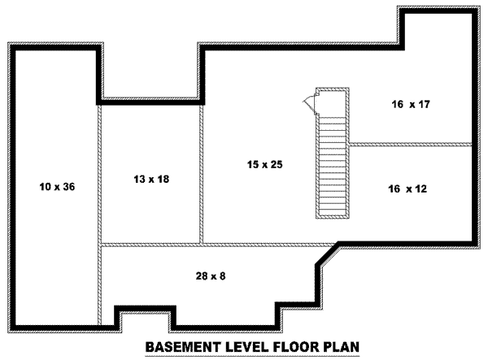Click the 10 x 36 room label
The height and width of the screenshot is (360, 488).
[x=56, y=187]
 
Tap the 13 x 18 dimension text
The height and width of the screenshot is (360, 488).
[x=150, y=177]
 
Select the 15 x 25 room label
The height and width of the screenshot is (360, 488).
[x=264, y=165]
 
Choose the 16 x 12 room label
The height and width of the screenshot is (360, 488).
[x=407, y=189]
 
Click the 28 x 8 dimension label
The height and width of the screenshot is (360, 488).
[x=210, y=276]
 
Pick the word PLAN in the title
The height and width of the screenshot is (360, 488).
[x=341, y=347]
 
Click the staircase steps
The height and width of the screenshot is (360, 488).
[x=332, y=163]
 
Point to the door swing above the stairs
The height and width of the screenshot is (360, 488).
[x=310, y=102]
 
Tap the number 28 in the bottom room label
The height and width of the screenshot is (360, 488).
[x=200, y=276]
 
